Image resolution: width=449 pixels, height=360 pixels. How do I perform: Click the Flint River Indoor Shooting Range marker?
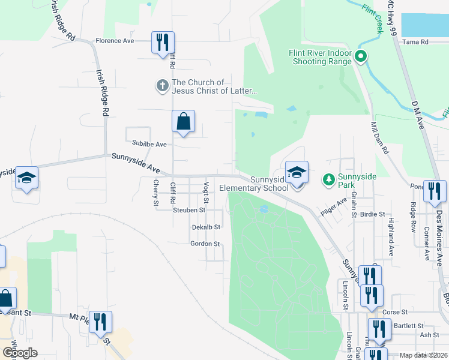[x=361, y=58]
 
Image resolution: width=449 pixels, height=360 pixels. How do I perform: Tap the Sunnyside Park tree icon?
[x=328, y=179]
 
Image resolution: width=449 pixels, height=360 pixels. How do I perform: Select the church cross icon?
[x=162, y=86]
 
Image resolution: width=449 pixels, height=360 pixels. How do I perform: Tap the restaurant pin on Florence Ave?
[x=163, y=43]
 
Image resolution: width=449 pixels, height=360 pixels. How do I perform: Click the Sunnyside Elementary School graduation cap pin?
[x=296, y=172]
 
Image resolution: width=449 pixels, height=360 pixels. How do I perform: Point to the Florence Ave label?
[x=115, y=41]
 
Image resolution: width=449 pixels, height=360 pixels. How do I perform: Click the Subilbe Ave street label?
[x=149, y=145]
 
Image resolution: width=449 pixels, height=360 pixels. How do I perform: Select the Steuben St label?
[x=189, y=210]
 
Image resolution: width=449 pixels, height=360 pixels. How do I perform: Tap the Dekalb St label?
[x=206, y=227]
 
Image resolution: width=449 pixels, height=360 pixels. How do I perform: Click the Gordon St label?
[x=205, y=244]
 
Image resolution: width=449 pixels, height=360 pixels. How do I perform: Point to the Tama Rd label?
[x=415, y=42]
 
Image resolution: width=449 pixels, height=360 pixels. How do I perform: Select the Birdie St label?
[x=372, y=214]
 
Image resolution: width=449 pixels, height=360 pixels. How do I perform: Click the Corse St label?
[x=395, y=312]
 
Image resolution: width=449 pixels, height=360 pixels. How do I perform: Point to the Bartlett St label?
[x=406, y=326]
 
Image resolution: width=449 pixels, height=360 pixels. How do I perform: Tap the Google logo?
[x=19, y=353]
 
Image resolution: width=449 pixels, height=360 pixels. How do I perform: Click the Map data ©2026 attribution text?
[x=423, y=355]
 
